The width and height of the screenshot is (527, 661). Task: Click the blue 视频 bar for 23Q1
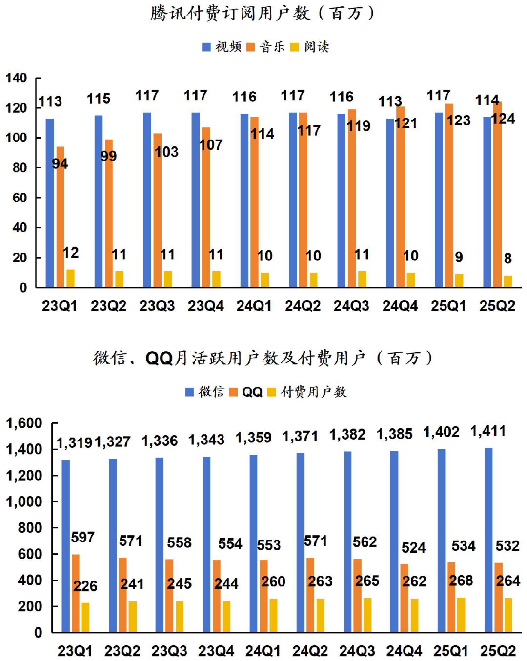pyautogui.click(x=50, y=202)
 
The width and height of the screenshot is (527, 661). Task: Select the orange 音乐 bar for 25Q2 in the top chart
pyautogui.click(x=497, y=195)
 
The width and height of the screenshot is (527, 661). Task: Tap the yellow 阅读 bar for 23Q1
pyautogui.click(x=70, y=278)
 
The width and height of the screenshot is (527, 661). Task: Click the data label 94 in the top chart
pyautogui.click(x=60, y=163)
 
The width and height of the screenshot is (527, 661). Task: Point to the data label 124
pyautogui.click(x=503, y=119)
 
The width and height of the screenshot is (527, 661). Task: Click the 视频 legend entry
pyautogui.click(x=222, y=47)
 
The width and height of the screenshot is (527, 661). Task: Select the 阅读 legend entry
pyautogui.click(x=310, y=47)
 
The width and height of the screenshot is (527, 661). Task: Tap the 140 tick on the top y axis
pyautogui.click(x=16, y=78)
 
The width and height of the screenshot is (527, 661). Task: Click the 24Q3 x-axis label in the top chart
pyautogui.click(x=351, y=306)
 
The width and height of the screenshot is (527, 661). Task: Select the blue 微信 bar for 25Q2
pyautogui.click(x=488, y=540)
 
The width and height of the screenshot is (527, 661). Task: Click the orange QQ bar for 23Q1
pyautogui.click(x=76, y=593)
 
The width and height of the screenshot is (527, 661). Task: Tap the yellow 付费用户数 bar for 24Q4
pyautogui.click(x=414, y=615)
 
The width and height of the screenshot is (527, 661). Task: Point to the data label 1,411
pyautogui.click(x=488, y=431)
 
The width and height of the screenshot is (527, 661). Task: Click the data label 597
pyautogui.click(x=82, y=537)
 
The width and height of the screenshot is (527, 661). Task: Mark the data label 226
pyautogui.click(x=85, y=586)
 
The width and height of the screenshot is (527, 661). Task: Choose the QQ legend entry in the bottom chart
pyautogui.click(x=246, y=392)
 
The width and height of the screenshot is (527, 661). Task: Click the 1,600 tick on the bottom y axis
pyautogui.click(x=24, y=423)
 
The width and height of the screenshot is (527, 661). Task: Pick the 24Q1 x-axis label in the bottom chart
pyautogui.click(x=263, y=651)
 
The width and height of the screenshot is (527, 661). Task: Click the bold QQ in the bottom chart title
pyautogui.click(x=159, y=359)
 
